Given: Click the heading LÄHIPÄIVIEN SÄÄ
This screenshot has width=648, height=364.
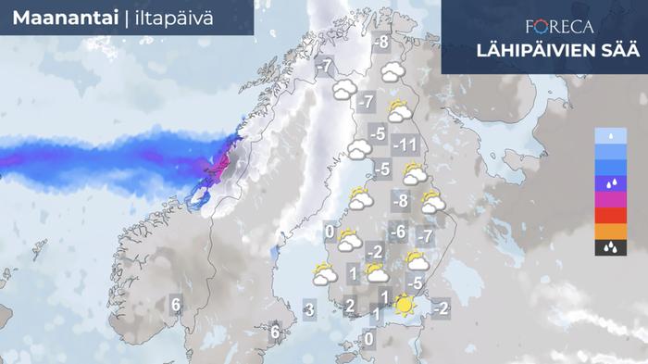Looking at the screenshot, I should coord(542,50).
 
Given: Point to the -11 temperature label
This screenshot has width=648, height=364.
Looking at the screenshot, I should coord(406,145).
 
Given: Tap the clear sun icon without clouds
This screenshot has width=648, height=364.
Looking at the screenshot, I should coord(404,305).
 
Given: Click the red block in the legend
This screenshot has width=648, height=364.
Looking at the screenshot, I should coord(610,214).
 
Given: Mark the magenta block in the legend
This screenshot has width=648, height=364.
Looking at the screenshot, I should coord(610,197).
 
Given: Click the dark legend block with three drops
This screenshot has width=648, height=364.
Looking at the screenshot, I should coord(610,247).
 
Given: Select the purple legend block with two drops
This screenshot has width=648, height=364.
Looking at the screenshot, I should coord(610,182).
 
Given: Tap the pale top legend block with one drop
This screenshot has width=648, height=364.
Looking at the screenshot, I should coord(610,136).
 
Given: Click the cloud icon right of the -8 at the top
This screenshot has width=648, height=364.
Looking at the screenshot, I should coord(393,69).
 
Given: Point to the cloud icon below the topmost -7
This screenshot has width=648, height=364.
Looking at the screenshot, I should coord(345,90).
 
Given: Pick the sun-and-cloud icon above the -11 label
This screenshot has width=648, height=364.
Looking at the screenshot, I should coord(400,112).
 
